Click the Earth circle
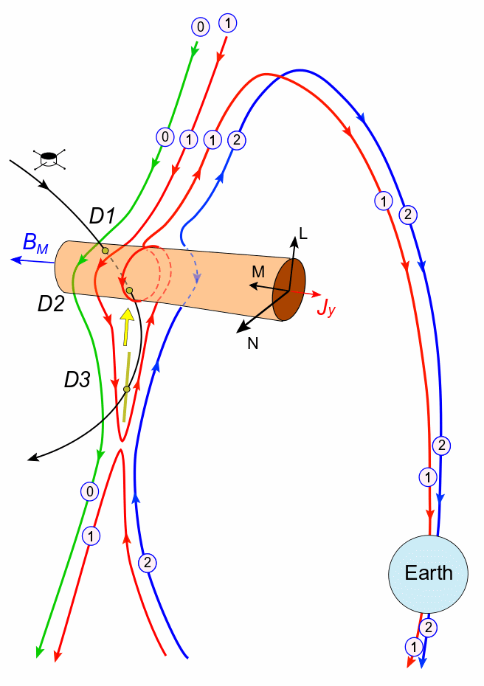point(429,572)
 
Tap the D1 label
point(103,216)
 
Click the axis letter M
point(257,272)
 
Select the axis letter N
point(254,342)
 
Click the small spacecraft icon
point(49,157)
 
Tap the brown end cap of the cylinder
point(289,290)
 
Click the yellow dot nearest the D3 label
point(126,389)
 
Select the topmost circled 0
point(200,27)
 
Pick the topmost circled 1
point(228,24)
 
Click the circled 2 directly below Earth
point(427,628)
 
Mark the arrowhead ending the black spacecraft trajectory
point(32,460)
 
